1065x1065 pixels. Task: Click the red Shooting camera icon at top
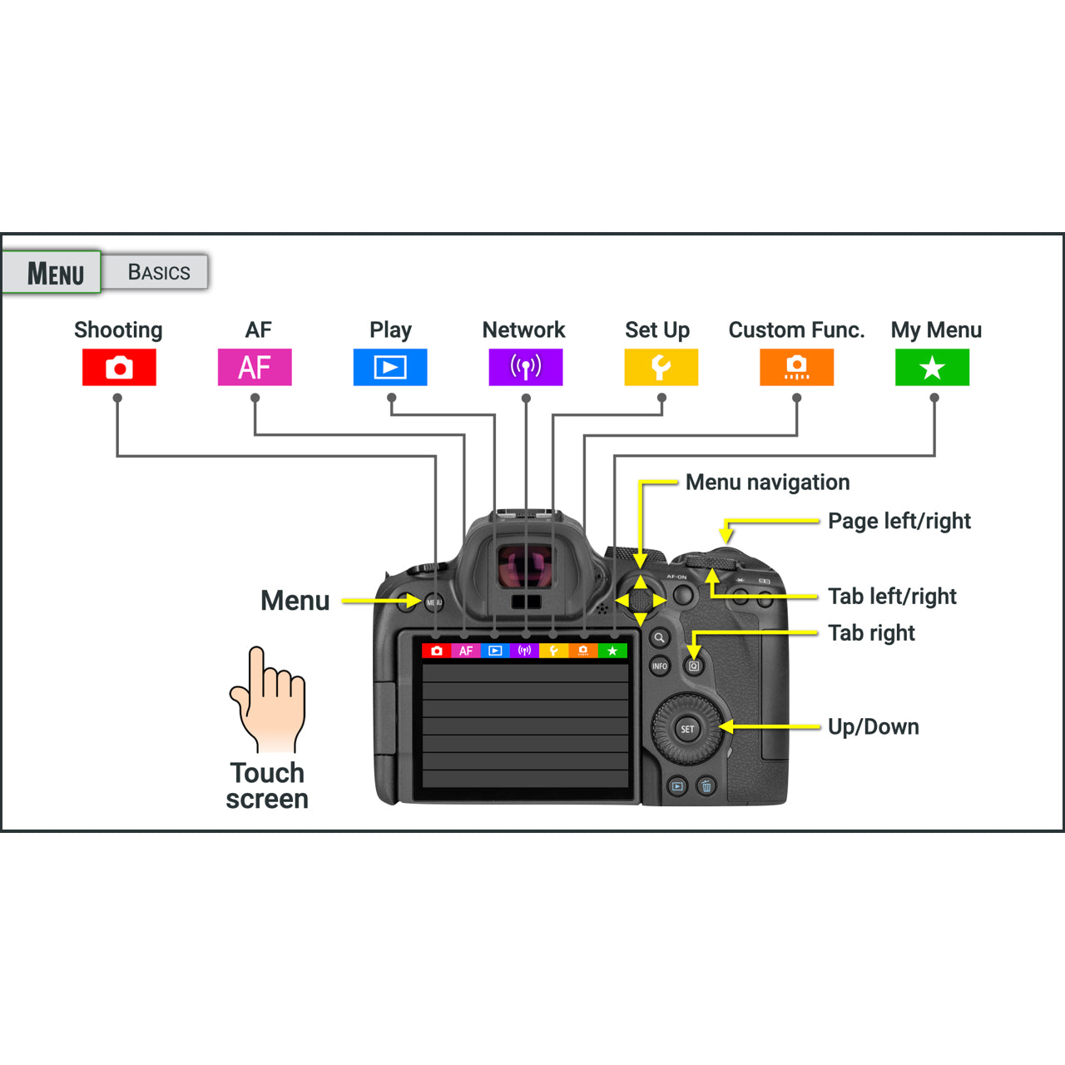119,367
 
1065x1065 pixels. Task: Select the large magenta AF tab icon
255,367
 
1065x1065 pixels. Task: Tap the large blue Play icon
390,367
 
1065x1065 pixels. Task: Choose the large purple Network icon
526,367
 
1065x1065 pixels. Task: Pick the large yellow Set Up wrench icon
661,367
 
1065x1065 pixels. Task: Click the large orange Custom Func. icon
796,367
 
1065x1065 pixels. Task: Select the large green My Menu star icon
932,367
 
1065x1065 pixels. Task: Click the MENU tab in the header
54,273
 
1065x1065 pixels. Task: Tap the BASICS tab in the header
158,272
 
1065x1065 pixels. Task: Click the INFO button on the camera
660,666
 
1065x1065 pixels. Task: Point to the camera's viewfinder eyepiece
525,567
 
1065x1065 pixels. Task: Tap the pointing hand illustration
269,700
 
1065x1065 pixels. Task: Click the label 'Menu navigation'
767,483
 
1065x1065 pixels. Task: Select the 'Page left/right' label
899,521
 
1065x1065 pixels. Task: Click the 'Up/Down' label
873,727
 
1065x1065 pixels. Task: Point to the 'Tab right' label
871,633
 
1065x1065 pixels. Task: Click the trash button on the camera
706,786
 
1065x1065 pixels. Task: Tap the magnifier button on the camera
659,638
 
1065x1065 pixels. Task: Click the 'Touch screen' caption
267,785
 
